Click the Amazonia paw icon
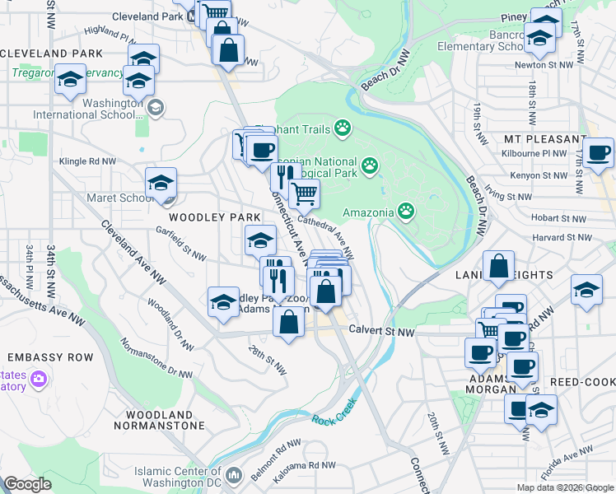click(x=406, y=212)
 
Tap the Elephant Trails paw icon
click(x=342, y=128)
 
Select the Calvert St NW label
click(x=380, y=331)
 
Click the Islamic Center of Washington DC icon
click(x=234, y=474)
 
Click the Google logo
click(x=27, y=484)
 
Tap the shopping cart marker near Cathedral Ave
click(x=305, y=194)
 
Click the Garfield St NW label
click(x=180, y=244)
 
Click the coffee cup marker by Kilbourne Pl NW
click(x=599, y=152)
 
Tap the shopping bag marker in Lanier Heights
click(x=499, y=266)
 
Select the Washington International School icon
click(x=156, y=106)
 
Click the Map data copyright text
click(x=565, y=487)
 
